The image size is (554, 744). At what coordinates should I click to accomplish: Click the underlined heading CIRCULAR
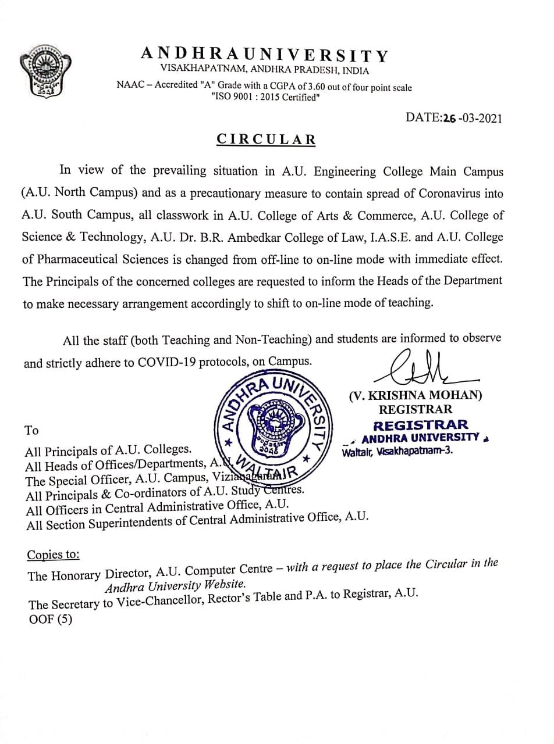click(267, 139)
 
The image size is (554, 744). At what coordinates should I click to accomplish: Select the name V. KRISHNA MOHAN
click(416, 395)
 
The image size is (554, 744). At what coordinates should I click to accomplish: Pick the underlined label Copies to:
click(54, 555)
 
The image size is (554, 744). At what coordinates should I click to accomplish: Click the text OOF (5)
click(51, 620)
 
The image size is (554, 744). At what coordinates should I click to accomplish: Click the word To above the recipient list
click(31, 430)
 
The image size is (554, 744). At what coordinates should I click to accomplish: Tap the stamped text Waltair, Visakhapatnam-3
click(398, 450)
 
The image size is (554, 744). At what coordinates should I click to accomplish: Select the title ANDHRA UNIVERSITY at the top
click(264, 55)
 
